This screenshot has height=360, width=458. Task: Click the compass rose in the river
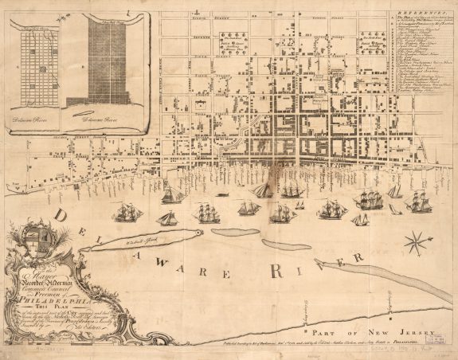pyautogui.click(x=415, y=242)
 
